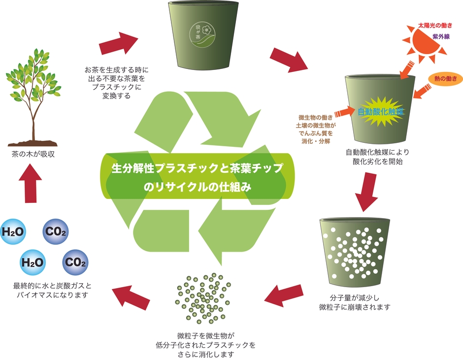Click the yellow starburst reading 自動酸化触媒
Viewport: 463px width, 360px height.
pos(380,112)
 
